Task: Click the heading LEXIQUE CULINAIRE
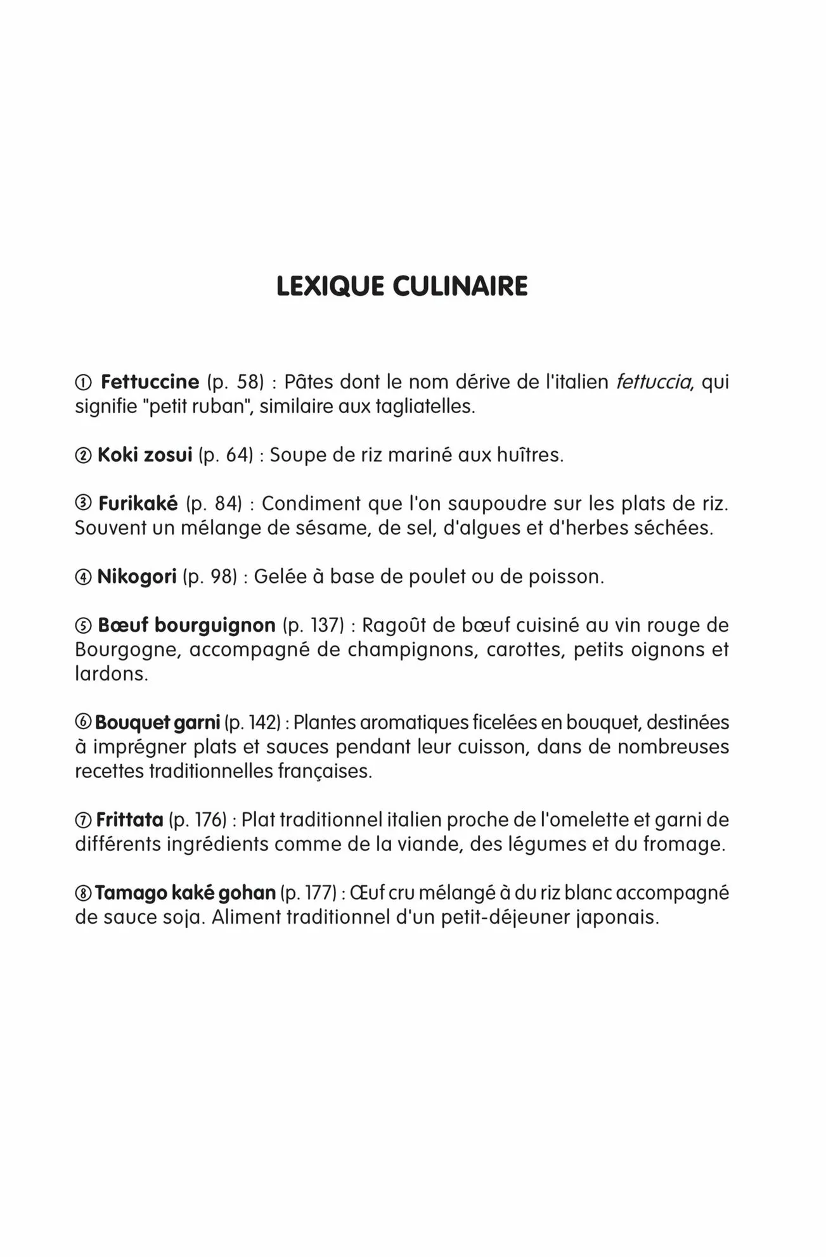click(402, 286)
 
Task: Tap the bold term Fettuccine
click(150, 382)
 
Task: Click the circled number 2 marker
click(83, 456)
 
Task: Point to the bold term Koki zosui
click(145, 455)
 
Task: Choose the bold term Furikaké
click(138, 504)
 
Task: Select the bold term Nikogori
click(136, 577)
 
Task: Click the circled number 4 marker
click(83, 577)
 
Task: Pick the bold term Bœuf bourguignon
click(186, 625)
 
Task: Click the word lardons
click(111, 673)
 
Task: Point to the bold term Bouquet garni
click(157, 722)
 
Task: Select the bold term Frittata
click(129, 820)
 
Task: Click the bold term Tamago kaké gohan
click(185, 893)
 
